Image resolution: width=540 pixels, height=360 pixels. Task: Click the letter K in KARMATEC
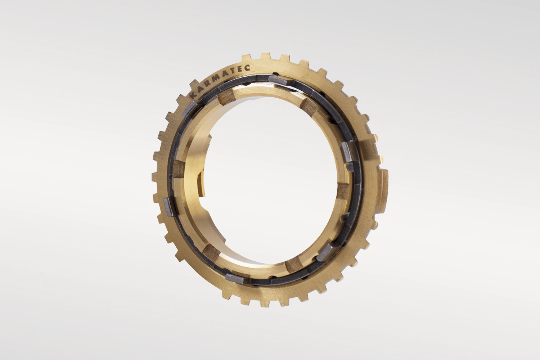click(193, 96)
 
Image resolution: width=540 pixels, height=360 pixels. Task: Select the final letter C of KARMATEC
click(247, 68)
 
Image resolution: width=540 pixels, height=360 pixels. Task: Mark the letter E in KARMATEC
click(240, 68)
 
